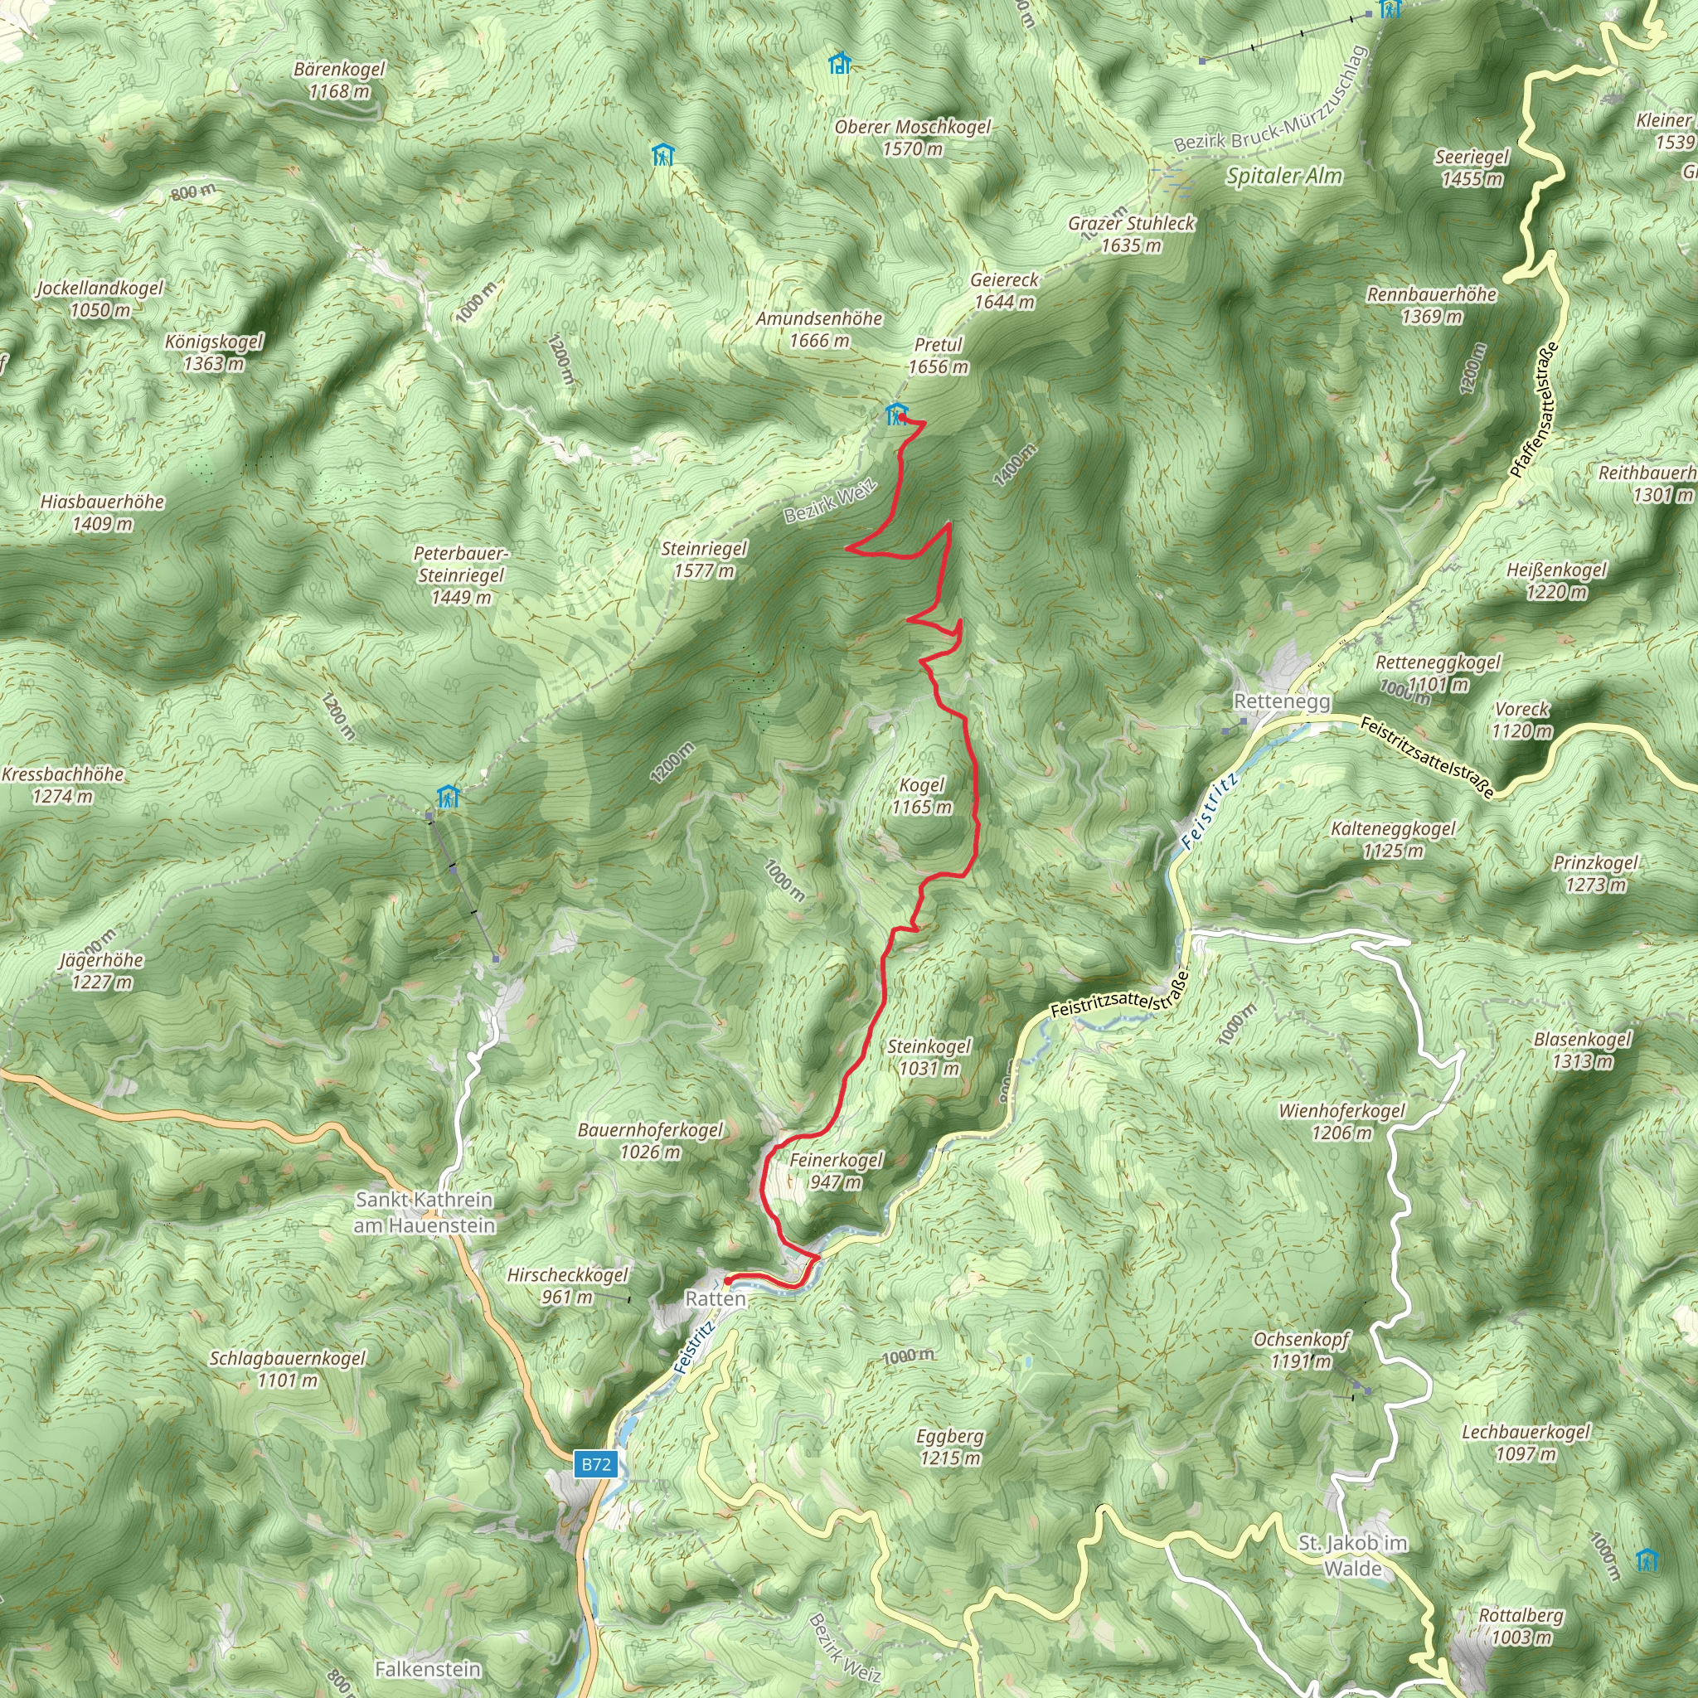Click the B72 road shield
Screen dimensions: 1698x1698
pyautogui.click(x=595, y=1464)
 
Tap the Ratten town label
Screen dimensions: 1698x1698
pyautogui.click(x=715, y=1299)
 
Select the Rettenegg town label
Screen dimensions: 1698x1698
pyautogui.click(x=1282, y=701)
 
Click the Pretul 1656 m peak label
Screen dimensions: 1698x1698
pyautogui.click(x=938, y=356)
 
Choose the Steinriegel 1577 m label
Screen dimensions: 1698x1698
pyautogui.click(x=704, y=560)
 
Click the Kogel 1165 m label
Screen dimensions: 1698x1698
pyautogui.click(x=921, y=796)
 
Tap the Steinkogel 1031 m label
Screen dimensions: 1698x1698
pyautogui.click(x=929, y=1057)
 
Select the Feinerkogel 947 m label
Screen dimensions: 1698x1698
pyautogui.click(x=835, y=1171)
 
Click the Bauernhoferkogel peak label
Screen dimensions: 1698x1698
pyautogui.click(x=650, y=1140)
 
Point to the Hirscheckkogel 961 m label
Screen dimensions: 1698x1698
pyautogui.click(x=568, y=1286)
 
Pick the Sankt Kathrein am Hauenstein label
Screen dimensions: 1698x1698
pyautogui.click(x=424, y=1212)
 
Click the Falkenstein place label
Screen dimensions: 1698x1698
pyautogui.click(x=428, y=1669)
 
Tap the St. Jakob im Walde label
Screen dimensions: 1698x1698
pyautogui.click(x=1352, y=1555)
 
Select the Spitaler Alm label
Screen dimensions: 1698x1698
pyautogui.click(x=1284, y=176)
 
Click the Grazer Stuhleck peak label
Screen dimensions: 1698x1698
pyautogui.click(x=1131, y=234)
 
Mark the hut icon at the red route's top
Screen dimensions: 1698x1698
pyautogui.click(x=895, y=413)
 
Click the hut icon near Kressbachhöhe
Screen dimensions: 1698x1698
pyautogui.click(x=449, y=797)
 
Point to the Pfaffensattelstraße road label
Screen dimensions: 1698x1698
pyautogui.click(x=1533, y=410)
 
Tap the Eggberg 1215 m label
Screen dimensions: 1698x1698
pyautogui.click(x=949, y=1447)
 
